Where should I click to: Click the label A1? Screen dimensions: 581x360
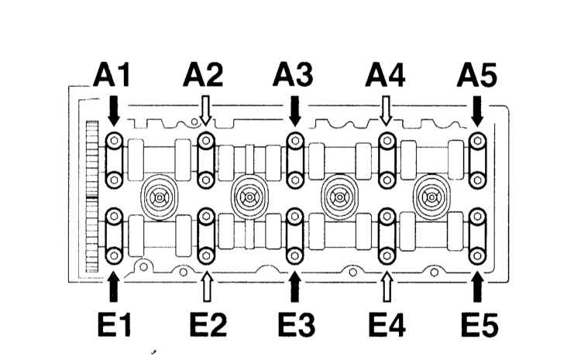tap(112, 75)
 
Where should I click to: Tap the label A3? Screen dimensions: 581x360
tap(293, 75)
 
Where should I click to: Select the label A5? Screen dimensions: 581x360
tap(477, 75)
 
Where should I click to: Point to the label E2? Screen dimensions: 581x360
tap(208, 325)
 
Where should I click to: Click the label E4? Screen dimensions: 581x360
tap(387, 325)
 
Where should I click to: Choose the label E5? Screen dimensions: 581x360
tap(480, 325)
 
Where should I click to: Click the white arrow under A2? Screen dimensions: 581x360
tap(205, 111)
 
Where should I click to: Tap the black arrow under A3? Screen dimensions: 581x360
tap(295, 111)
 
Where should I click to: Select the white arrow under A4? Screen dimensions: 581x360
tap(386, 111)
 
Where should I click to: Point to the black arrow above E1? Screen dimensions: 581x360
tap(114, 286)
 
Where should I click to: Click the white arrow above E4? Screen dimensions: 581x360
tap(387, 286)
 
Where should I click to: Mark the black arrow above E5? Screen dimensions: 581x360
tap(478, 286)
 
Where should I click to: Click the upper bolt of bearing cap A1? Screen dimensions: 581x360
tap(114, 141)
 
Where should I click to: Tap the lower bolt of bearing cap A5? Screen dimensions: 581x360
tap(478, 180)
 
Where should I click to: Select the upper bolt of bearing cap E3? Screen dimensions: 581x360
tap(295, 216)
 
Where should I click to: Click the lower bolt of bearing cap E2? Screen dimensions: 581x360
tap(206, 255)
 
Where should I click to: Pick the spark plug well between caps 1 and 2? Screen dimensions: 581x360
tap(160, 197)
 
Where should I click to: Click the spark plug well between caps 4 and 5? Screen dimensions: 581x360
tap(431, 197)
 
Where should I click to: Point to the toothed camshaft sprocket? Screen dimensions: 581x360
tap(92, 197)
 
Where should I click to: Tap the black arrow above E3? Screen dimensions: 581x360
tap(295, 286)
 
